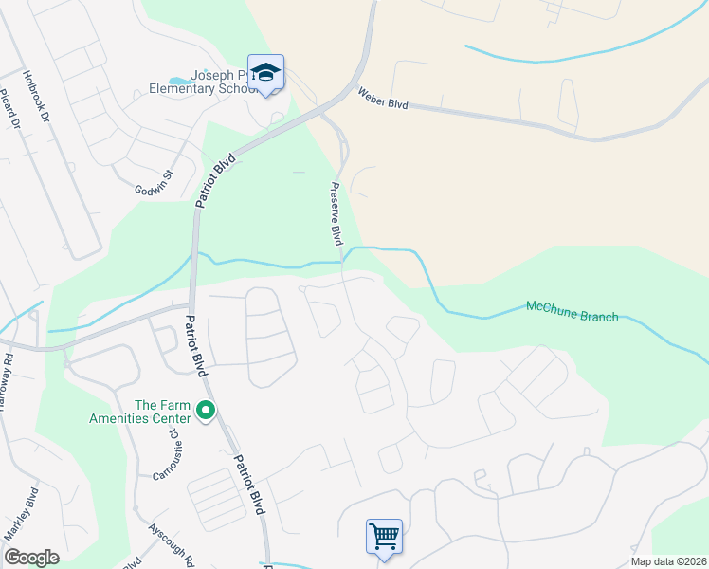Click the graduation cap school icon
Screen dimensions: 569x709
(267, 73)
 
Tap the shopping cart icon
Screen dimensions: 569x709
(384, 537)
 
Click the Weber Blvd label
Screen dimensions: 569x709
(382, 98)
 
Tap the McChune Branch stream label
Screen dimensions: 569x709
(572, 311)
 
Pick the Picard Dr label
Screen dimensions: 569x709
(9, 110)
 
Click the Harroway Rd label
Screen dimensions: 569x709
(7, 375)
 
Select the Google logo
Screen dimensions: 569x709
(31, 558)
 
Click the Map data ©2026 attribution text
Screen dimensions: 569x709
(667, 561)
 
